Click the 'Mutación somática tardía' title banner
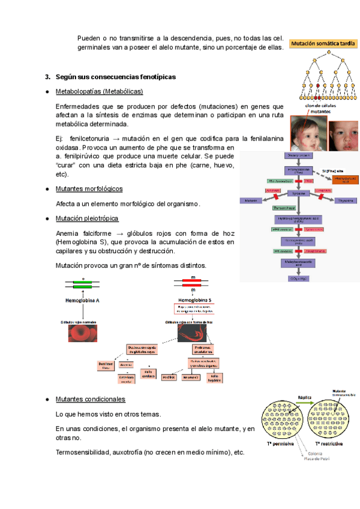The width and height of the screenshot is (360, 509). (320, 43)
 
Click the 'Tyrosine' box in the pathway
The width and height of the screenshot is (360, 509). (295, 193)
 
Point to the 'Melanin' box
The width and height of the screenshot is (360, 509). (251, 200)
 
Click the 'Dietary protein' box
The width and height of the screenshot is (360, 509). (295, 155)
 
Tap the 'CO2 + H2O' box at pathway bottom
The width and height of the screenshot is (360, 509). (295, 279)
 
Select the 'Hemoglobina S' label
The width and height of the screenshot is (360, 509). (194, 300)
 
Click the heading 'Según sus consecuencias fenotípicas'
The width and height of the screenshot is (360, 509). (115, 77)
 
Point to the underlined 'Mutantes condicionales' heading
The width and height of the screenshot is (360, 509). (90, 399)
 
